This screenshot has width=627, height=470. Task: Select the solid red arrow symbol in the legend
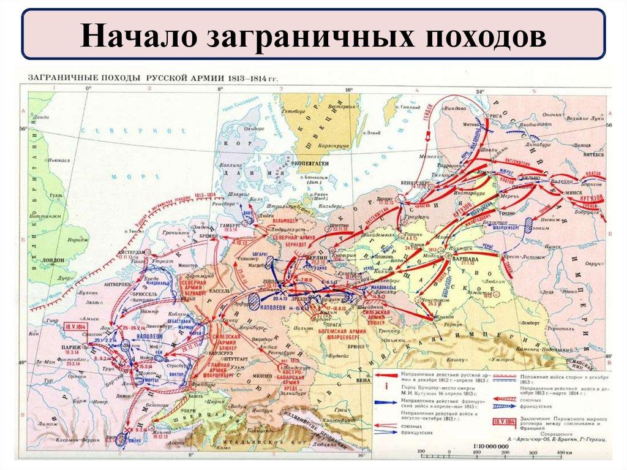[x=391, y=374]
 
